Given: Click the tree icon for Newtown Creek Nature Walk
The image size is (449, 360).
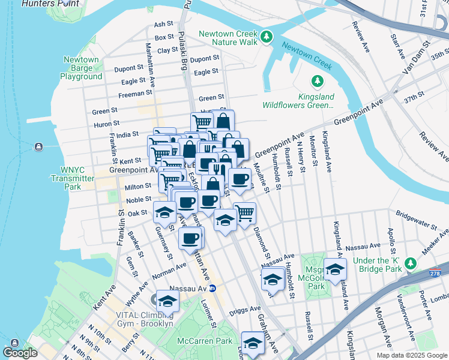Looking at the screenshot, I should [x=265, y=37].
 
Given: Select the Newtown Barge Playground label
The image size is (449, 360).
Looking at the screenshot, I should [x=81, y=68].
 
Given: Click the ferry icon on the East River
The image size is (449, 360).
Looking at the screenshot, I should [x=39, y=147].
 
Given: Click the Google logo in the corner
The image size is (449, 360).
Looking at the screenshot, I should [x=20, y=353].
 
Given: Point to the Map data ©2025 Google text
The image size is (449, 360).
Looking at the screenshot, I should [x=412, y=355].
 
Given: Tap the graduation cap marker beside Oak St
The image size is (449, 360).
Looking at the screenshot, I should [x=164, y=211].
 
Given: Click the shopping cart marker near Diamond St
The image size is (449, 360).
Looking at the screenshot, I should [x=244, y=212].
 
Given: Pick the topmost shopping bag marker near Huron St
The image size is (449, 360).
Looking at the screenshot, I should [x=223, y=120].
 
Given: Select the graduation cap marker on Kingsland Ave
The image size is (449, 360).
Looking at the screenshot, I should [x=335, y=268].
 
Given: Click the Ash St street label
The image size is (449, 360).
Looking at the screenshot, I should [x=163, y=24].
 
